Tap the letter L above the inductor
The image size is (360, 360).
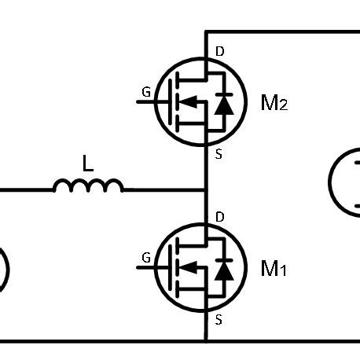coord(88,163)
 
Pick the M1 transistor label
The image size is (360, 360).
coord(274,269)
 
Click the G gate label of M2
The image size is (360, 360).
coord(146,92)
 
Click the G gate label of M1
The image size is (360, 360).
coord(146,257)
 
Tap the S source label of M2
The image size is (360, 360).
coord(218,154)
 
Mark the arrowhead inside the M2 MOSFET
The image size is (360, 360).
coord(187,101)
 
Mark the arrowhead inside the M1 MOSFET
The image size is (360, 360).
coord(187,267)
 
